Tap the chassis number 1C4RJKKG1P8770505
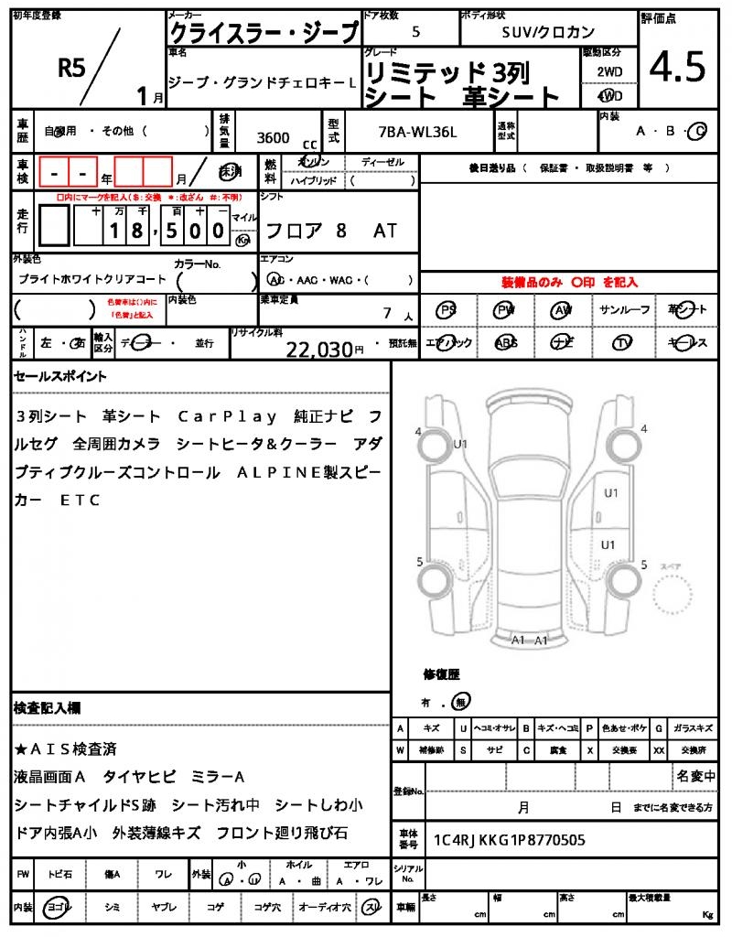pos(509,839)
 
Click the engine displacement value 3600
pos(274,138)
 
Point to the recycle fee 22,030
pos(319,348)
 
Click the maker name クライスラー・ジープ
pos(264,33)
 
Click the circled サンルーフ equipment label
pos(625,310)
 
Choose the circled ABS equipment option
pos(505,343)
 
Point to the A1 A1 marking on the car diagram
pos(529,640)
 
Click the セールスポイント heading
pos(60,376)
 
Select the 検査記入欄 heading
pos(47,708)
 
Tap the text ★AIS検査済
pos(65,749)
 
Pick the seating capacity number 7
pos(388,313)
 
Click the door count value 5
pos(416,31)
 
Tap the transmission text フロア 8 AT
pos(330,231)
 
